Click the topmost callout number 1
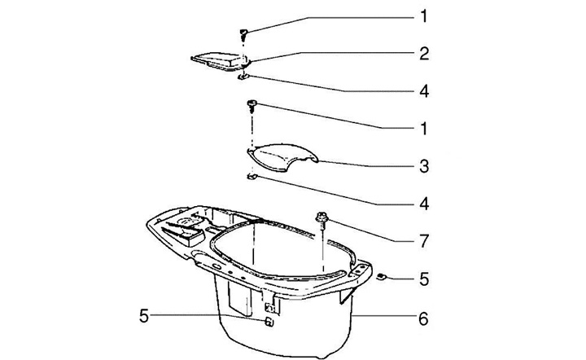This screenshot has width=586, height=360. [x=423, y=16]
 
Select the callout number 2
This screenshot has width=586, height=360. [x=424, y=54]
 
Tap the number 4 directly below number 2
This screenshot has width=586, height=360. [x=424, y=91]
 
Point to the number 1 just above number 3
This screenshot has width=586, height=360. [x=423, y=129]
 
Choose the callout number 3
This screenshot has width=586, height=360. [x=424, y=166]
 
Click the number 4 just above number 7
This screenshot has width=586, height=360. [x=424, y=204]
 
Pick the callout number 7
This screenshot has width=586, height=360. [x=424, y=242]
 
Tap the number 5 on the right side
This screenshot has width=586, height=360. [x=424, y=279]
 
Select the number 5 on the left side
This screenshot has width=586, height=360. [x=144, y=316]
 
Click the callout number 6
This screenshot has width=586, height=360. [x=423, y=319]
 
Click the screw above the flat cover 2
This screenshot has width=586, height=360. [x=243, y=35]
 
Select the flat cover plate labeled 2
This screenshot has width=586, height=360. [x=221, y=61]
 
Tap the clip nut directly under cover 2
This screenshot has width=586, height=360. [x=243, y=77]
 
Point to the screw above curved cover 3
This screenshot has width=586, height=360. [x=251, y=106]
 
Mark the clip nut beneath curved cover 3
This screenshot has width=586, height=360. [x=252, y=177]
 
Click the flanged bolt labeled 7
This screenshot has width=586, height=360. [x=321, y=220]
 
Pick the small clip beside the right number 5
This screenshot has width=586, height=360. [x=381, y=277]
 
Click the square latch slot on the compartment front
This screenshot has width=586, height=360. [x=270, y=308]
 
